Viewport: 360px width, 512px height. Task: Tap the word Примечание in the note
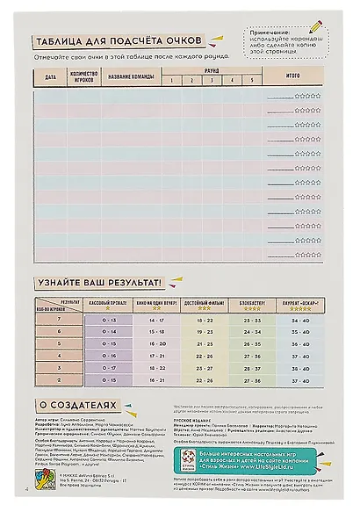tap(263, 31)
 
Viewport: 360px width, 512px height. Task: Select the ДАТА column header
tap(50, 78)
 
